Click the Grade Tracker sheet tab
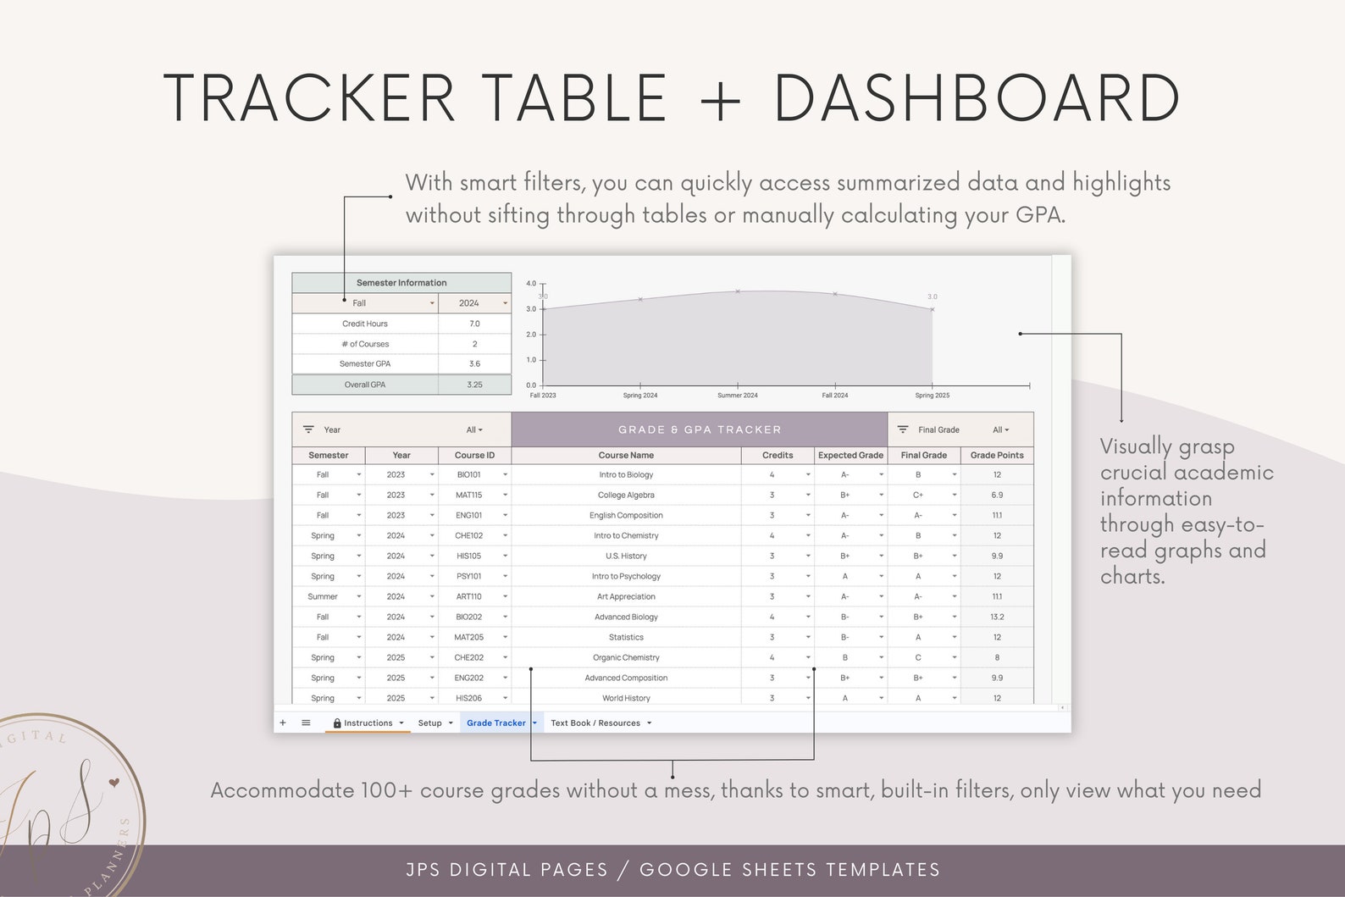click(496, 723)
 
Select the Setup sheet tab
click(429, 723)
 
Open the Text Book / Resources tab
click(595, 723)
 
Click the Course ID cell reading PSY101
click(469, 577)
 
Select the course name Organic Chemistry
click(626, 658)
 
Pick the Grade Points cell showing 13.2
click(997, 617)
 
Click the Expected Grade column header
click(850, 456)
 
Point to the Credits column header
click(778, 456)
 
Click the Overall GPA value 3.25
click(474, 385)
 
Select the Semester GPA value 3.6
click(474, 364)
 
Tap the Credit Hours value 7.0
click(474, 324)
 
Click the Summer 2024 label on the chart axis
click(738, 396)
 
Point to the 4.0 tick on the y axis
click(531, 284)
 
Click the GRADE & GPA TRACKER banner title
click(700, 430)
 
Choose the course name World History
click(626, 699)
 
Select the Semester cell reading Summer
click(323, 597)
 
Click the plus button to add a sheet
click(283, 723)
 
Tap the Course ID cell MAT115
click(469, 496)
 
